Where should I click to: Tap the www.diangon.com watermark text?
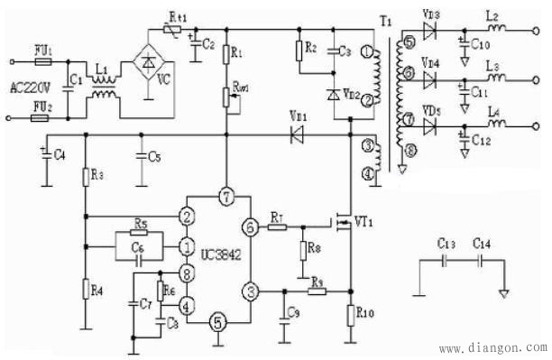click(492, 347)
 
